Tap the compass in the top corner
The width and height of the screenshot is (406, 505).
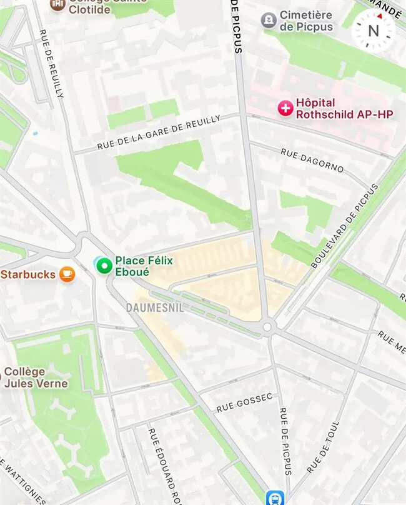[374, 29]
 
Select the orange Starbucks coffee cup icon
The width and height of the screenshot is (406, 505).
[67, 274]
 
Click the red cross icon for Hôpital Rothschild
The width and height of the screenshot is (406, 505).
[285, 108]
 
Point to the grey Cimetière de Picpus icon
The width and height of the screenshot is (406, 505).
[269, 20]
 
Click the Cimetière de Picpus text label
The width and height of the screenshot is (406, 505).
[306, 20]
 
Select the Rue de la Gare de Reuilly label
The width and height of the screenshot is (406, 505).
[159, 132]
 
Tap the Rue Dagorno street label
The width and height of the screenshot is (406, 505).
[312, 160]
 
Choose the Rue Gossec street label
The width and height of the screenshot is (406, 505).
[244, 402]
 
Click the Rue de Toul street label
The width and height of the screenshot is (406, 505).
[323, 446]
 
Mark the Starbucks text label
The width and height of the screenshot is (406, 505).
[29, 274]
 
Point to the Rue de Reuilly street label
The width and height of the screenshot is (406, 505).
[51, 63]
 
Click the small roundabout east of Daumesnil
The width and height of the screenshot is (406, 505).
[268, 326]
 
